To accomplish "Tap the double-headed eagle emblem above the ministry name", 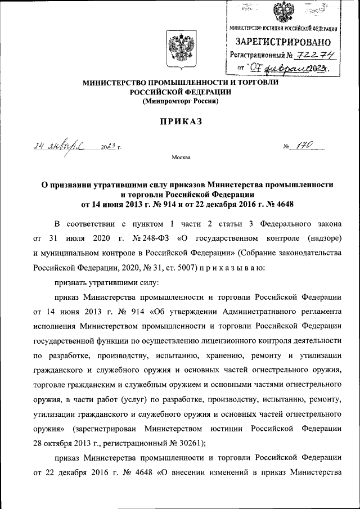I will [180, 47].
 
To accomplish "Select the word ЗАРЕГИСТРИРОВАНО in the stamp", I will [283, 42].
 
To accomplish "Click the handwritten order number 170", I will [307, 146].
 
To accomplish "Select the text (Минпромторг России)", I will [180, 101].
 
